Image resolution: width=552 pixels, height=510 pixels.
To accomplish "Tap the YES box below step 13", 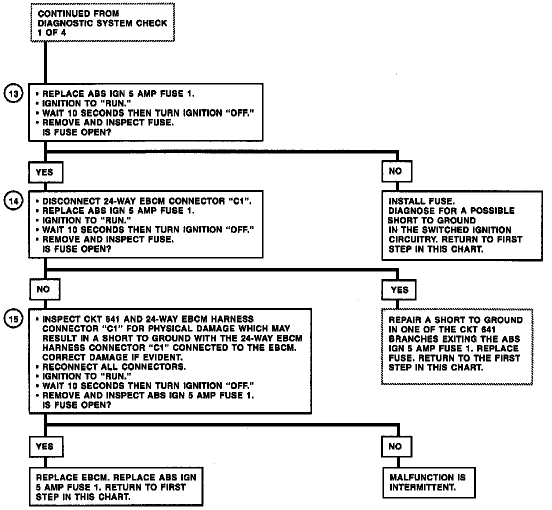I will point(44,172).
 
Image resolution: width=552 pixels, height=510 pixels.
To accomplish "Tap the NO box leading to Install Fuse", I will point(395,171).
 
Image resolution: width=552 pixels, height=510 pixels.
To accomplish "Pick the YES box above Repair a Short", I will point(399,289).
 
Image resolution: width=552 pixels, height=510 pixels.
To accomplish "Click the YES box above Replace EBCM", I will point(44,446).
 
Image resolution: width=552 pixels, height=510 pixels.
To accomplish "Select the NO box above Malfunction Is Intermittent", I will point(395,446).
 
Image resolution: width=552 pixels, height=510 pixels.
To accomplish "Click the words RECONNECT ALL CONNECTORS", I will point(114,366).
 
